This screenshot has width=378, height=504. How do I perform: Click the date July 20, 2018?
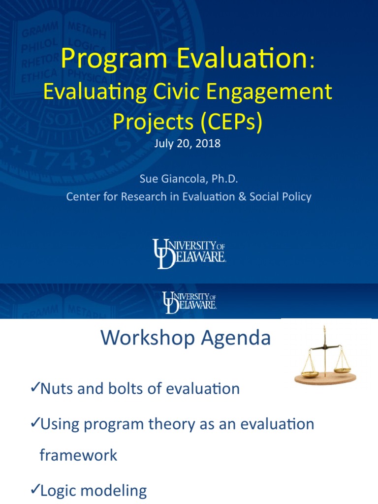[x=189, y=144]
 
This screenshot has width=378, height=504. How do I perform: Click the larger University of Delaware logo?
[x=189, y=253]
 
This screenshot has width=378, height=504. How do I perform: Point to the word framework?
[x=78, y=455]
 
